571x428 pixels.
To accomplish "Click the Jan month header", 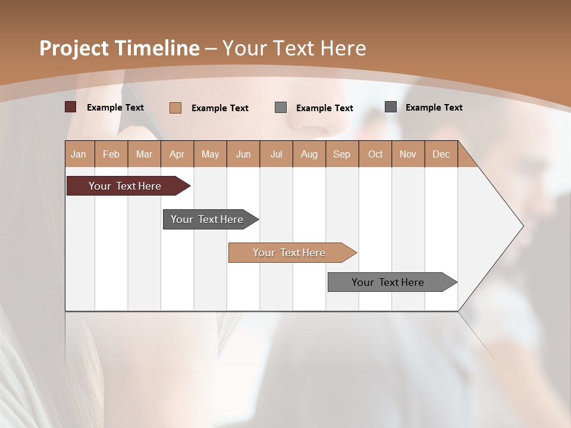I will click(79, 154).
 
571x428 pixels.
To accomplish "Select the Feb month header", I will click(111, 154).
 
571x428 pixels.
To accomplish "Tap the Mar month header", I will click(144, 154).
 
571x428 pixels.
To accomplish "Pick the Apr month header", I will click(177, 154).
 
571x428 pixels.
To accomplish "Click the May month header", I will click(210, 154).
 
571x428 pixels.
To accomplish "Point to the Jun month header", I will click(243, 154).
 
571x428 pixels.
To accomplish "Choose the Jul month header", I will click(276, 154).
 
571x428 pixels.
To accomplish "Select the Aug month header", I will click(309, 154).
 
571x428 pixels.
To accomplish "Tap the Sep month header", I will click(342, 154).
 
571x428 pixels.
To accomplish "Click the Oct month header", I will click(375, 154).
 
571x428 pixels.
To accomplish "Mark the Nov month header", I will click(408, 154).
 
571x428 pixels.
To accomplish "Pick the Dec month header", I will click(441, 154).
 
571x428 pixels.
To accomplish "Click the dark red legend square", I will click(71, 107).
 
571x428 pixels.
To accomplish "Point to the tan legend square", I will click(175, 108).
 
